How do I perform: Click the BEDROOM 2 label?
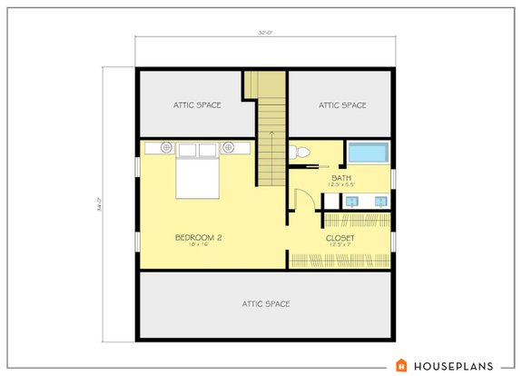coord(199,237)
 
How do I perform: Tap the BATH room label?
coord(341,177)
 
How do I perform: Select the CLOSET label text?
coord(340,238)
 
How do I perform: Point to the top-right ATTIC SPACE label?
coord(342,105)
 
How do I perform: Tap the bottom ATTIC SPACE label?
coord(265,303)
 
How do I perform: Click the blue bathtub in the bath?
coord(368,153)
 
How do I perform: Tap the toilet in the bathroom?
coord(300,153)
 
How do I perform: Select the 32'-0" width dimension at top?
coord(265,34)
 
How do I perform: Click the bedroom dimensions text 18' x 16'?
coord(199,245)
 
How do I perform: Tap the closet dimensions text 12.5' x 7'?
coord(340,245)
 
